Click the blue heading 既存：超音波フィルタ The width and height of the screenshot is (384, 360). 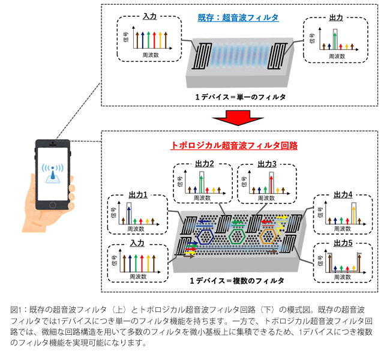click(x=238, y=18)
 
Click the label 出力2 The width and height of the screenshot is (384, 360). click(x=204, y=164)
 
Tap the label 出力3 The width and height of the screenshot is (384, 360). click(x=268, y=164)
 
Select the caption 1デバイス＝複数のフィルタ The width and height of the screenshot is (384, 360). click(x=236, y=280)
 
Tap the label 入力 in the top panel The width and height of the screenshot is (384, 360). click(x=149, y=20)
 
